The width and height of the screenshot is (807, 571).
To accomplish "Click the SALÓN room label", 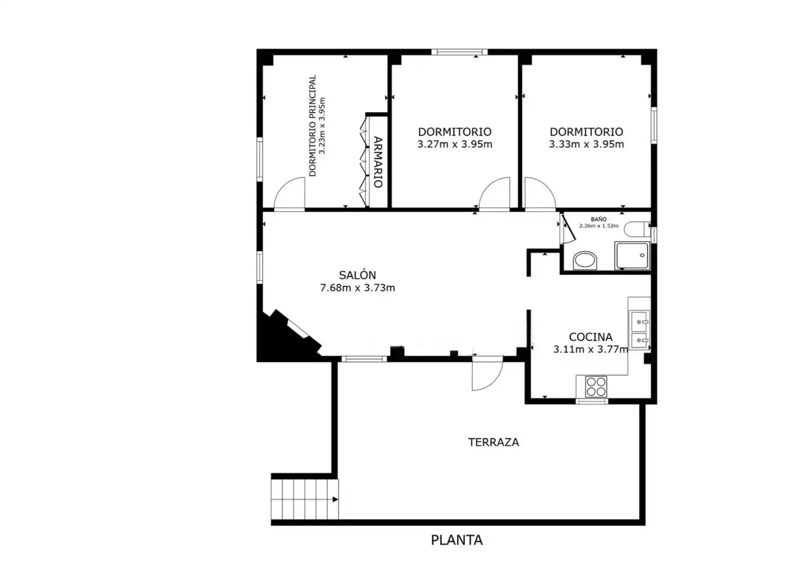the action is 357,275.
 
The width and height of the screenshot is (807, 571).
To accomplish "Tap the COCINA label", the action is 590,337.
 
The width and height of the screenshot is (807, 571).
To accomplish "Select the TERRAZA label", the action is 494,443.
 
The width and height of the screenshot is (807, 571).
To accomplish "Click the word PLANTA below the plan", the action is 457,540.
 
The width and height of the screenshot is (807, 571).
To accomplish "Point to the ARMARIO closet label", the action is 377,162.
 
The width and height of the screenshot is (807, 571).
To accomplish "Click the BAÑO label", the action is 599,219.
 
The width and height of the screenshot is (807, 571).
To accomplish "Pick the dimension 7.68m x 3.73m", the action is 357,288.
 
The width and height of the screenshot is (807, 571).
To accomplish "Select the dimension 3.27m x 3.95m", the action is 454,144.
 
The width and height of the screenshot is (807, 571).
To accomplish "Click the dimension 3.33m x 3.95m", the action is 586,144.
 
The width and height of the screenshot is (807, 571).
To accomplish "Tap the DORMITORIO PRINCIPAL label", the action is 312,125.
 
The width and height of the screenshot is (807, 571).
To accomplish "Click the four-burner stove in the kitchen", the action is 596,387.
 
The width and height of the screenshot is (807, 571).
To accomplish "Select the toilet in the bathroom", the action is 637,229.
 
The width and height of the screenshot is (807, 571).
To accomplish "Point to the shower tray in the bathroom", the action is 632,255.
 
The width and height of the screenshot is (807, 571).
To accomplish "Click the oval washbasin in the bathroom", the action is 585,260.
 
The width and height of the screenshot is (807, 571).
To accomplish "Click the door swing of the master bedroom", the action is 289,193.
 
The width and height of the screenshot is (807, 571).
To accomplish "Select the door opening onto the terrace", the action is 487,373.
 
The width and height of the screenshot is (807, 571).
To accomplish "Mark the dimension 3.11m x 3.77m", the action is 591,349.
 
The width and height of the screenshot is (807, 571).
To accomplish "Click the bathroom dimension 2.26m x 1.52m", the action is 599,226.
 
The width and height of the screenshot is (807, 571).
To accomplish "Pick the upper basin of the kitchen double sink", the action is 639,321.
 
